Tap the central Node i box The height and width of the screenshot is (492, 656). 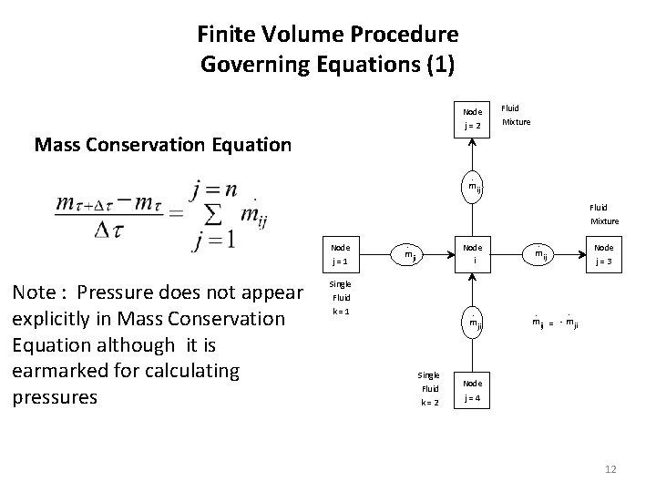click(x=472, y=253)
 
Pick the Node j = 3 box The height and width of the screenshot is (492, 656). click(x=603, y=253)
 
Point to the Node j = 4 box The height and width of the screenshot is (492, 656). click(x=472, y=391)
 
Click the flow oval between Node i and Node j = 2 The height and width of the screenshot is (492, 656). click(x=472, y=188)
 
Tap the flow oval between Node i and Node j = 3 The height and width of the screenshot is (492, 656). click(x=541, y=255)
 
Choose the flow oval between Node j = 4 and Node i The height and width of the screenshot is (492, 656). click(x=472, y=322)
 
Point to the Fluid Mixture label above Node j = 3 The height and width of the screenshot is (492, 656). click(x=604, y=214)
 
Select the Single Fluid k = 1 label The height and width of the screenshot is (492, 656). click(x=341, y=297)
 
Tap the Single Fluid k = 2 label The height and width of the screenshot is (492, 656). click(x=428, y=388)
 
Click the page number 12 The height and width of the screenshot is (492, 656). click(x=610, y=468)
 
